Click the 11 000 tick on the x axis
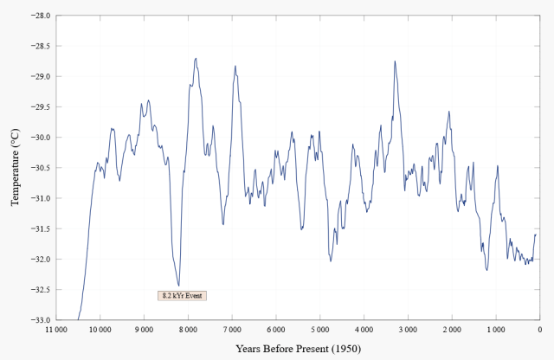tap(56, 330)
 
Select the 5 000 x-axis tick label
tap(319, 330)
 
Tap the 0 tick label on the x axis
tap(538, 330)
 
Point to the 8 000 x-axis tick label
tap(188, 330)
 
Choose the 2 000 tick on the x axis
tap(451, 330)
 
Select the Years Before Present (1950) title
tap(298, 348)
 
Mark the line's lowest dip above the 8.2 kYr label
tap(179, 286)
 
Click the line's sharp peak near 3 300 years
tap(395, 61)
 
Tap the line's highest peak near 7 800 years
tap(196, 58)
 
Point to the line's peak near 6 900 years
tap(235, 66)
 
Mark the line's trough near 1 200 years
tap(487, 270)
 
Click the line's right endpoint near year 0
tap(536, 235)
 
